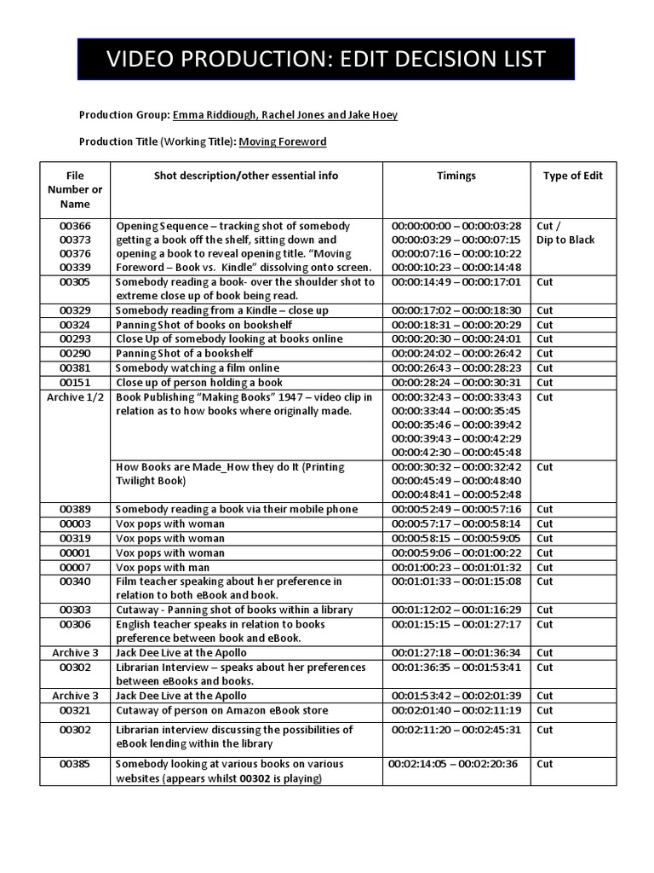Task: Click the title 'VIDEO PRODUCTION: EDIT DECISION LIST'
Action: pyautogui.click(x=326, y=60)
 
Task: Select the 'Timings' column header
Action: pyautogui.click(x=456, y=176)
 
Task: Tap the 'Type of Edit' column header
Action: pyautogui.click(x=572, y=176)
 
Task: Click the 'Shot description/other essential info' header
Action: pyautogui.click(x=245, y=176)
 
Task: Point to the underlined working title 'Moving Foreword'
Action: pyautogui.click(x=282, y=142)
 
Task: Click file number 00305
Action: pyautogui.click(x=75, y=281)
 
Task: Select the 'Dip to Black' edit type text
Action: pyautogui.click(x=565, y=240)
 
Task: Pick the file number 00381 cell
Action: pyautogui.click(x=75, y=367)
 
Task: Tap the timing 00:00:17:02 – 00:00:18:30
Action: pyautogui.click(x=456, y=310)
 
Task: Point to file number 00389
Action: pyautogui.click(x=75, y=509)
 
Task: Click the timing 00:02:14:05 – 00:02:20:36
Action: pyautogui.click(x=452, y=764)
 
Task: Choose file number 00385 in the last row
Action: pyautogui.click(x=75, y=764)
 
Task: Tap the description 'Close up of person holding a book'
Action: pyautogui.click(x=198, y=382)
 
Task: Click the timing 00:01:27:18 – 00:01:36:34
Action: pyautogui.click(x=456, y=652)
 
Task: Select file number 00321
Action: pyautogui.click(x=75, y=710)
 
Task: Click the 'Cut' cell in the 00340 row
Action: pyautogui.click(x=545, y=581)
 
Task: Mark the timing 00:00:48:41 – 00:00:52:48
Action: pyautogui.click(x=456, y=494)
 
